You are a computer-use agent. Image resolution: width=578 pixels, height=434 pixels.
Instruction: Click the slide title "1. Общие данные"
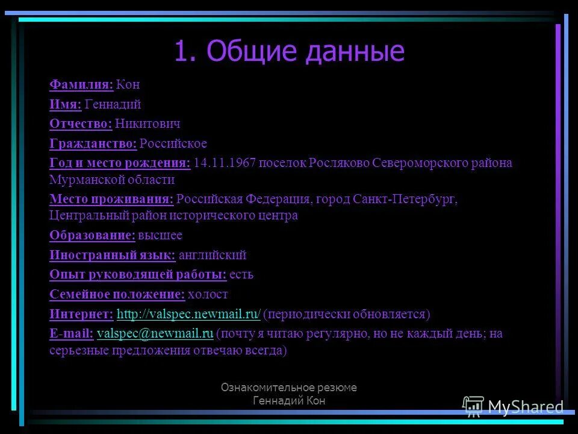click(x=289, y=52)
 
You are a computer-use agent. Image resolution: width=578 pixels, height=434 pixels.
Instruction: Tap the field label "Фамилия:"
click(x=81, y=84)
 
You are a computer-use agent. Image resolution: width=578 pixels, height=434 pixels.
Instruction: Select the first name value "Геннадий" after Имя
click(x=113, y=104)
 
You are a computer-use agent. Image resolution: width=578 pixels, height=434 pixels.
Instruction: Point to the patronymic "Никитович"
click(x=148, y=124)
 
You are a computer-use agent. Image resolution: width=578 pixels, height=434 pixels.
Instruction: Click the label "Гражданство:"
click(x=93, y=143)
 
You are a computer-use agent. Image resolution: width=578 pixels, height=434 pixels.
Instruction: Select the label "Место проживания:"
click(x=111, y=199)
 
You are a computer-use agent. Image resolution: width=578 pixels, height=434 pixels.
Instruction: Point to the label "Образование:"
click(x=92, y=235)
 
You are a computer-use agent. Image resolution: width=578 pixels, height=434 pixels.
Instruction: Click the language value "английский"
click(x=213, y=255)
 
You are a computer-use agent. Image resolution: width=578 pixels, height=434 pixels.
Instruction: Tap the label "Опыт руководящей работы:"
click(x=138, y=274)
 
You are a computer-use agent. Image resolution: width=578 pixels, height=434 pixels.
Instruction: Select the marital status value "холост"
click(x=208, y=294)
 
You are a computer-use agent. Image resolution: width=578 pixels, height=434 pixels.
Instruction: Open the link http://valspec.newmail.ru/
click(x=188, y=314)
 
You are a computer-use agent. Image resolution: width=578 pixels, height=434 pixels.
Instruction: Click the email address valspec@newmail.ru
click(x=155, y=333)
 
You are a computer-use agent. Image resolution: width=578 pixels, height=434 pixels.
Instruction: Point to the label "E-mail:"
click(x=71, y=333)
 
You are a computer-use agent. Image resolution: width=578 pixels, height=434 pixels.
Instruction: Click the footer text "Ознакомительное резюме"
click(x=288, y=388)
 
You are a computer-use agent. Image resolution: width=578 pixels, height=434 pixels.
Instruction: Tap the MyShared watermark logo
click(x=514, y=407)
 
